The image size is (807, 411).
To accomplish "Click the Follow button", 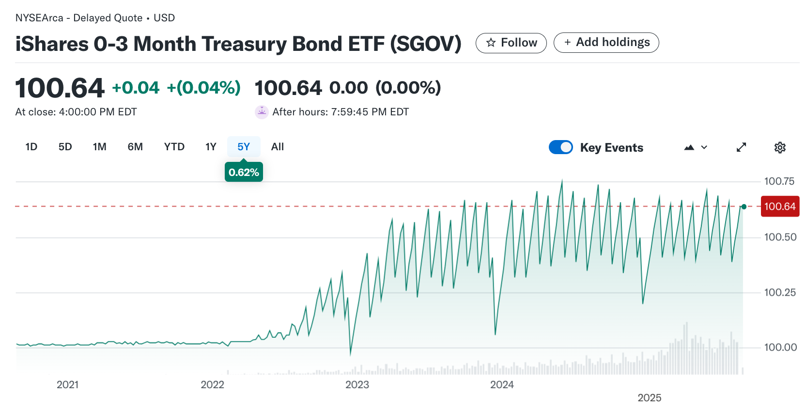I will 511,43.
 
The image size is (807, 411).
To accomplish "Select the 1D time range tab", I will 31,147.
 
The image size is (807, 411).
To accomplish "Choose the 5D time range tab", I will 65,147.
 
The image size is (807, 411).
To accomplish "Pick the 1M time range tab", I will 100,147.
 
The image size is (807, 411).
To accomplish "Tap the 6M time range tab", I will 135,147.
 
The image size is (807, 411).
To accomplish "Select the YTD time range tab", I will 174,147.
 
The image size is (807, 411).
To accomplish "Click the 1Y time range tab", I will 211,147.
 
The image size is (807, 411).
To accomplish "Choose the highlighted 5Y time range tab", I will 244,147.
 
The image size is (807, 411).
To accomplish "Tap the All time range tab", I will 278,147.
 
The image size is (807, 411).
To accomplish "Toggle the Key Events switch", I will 561,147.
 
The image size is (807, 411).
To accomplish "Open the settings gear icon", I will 780,147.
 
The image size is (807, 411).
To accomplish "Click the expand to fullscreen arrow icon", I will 741,147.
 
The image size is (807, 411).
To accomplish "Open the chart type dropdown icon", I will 696,147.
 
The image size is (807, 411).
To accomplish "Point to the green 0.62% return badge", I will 244,172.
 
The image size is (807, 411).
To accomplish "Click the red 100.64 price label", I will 780,206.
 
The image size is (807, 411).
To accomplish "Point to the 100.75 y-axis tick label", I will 779,181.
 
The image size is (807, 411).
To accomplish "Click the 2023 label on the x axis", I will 357,385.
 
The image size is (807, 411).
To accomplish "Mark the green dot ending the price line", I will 744,207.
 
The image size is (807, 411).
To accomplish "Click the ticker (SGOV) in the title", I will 426,44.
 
